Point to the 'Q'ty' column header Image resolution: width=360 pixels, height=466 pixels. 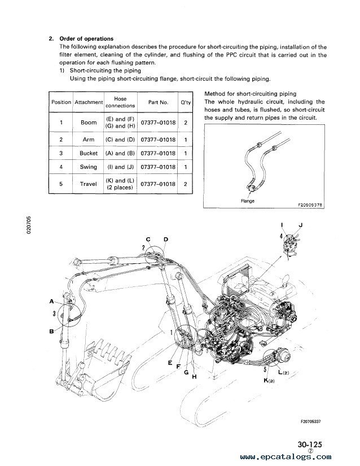(x=186, y=102)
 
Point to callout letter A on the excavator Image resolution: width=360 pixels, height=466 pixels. (x=52, y=301)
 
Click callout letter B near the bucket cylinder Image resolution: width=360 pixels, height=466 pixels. (x=52, y=330)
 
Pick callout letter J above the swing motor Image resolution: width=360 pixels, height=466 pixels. (x=301, y=225)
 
